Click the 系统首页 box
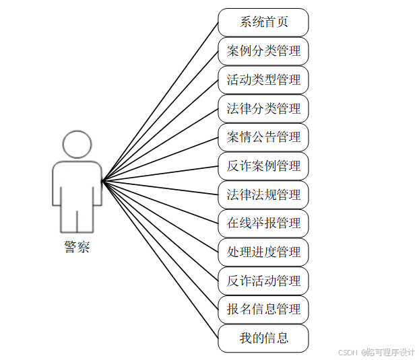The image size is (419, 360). click(x=263, y=22)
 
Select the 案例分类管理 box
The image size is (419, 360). click(x=263, y=51)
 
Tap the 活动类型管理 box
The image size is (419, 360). click(x=263, y=80)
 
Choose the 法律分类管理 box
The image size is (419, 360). click(x=263, y=108)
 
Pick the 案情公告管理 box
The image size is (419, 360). click(x=263, y=137)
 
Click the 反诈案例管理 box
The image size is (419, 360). click(x=263, y=166)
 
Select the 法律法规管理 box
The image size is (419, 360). click(x=263, y=195)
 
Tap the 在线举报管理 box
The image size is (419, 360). click(x=263, y=223)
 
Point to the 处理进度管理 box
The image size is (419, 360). click(x=263, y=252)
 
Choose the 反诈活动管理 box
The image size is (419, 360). click(x=263, y=281)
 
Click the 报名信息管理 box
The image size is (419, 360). click(x=263, y=310)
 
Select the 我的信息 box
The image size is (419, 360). click(x=263, y=338)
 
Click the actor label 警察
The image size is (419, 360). click(x=77, y=247)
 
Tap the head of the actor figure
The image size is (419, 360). click(x=77, y=145)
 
